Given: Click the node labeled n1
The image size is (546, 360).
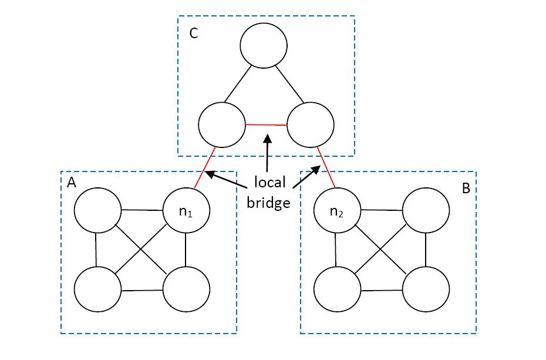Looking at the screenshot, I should coord(186,211).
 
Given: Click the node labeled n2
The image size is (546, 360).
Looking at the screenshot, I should coord(338,211).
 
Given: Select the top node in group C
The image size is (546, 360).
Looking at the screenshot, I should coord(264,47).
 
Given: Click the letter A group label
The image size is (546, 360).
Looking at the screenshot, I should coord(72,183).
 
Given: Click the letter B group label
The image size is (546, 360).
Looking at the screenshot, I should coord(466,189).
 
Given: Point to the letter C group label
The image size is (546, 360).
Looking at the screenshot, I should coord(193,33).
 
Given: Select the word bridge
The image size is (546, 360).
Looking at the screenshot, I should coord(268,203).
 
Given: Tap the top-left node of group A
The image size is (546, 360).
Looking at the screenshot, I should coord(98,211).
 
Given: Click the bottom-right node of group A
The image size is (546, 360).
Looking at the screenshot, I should coord(186,290).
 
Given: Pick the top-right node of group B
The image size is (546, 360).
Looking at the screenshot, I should coord(426,211).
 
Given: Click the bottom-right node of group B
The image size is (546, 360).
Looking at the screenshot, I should coord(426,290).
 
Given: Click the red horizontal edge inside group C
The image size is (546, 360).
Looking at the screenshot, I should coord(266,125).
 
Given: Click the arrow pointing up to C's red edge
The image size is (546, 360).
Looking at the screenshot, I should coord(267,153).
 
